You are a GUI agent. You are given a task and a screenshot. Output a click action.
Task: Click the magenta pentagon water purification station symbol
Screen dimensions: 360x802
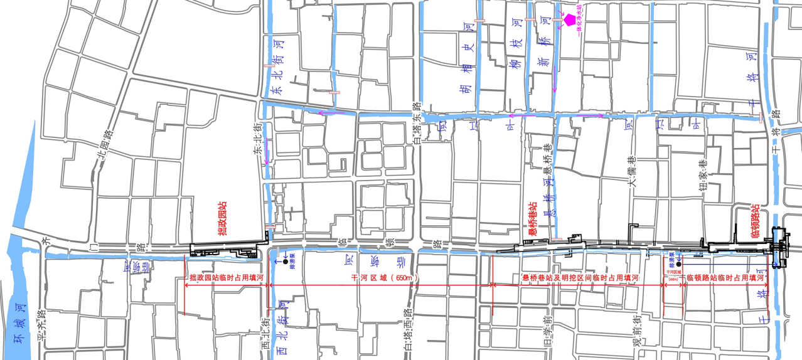569,19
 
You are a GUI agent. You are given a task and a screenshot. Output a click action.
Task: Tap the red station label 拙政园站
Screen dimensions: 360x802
222,219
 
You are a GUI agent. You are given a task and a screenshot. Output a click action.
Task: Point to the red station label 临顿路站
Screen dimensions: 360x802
755,221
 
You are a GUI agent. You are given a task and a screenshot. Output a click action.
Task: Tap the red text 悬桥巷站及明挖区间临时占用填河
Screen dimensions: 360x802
580,277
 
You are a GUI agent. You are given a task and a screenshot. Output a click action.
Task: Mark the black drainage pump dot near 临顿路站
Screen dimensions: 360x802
678,265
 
